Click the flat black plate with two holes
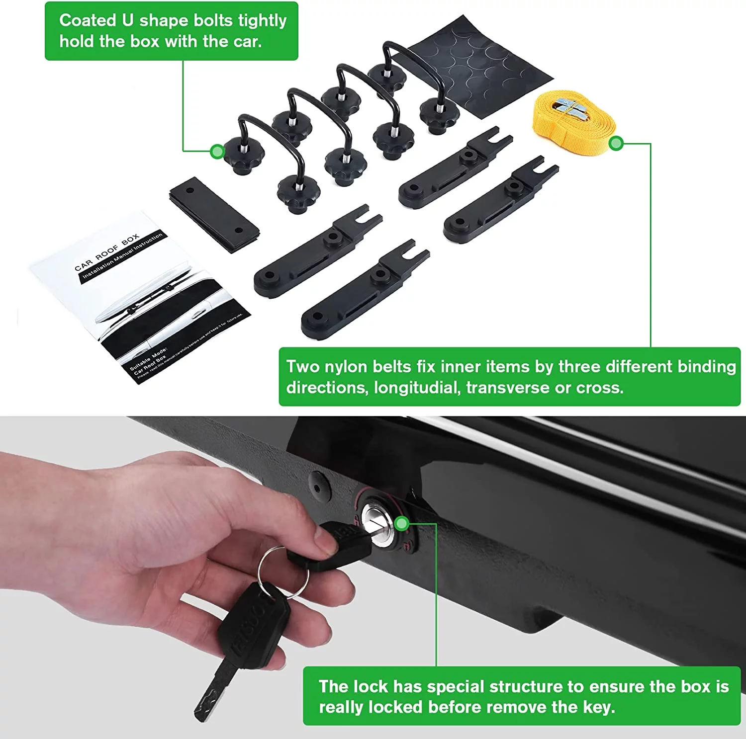tap(214, 215)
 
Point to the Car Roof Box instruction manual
tap(139, 298)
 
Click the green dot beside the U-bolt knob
tap(217, 152)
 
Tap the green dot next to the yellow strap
tap(616, 144)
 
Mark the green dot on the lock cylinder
tap(402, 523)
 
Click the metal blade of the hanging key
tap(211, 691)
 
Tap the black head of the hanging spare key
tap(254, 626)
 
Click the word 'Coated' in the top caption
tap(87, 20)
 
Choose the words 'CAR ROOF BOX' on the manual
tap(106, 253)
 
